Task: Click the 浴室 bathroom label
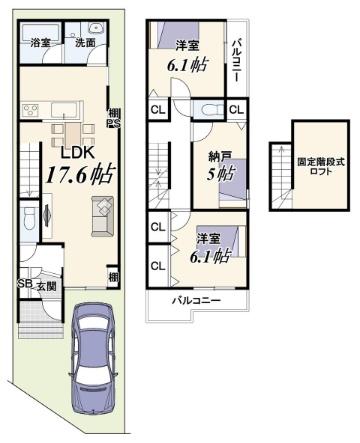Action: pyautogui.click(x=40, y=43)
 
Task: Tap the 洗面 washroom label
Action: pyautogui.click(x=85, y=42)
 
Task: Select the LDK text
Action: pyautogui.click(x=78, y=152)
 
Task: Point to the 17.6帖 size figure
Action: pyautogui.click(x=80, y=174)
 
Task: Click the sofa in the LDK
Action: pyautogui.click(x=103, y=216)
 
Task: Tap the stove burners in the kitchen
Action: pyautogui.click(x=31, y=110)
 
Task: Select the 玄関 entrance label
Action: pyautogui.click(x=46, y=286)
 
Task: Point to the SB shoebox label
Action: pyautogui.click(x=24, y=284)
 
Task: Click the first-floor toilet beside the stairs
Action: pyautogui.click(x=30, y=219)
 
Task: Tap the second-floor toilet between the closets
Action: pyautogui.click(x=209, y=110)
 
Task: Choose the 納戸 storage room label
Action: pyautogui.click(x=220, y=157)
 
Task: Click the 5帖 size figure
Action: pyautogui.click(x=220, y=173)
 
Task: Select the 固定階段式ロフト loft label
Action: pyautogui.click(x=321, y=167)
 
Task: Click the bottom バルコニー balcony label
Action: pyautogui.click(x=196, y=301)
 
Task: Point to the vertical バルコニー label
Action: pyautogui.click(x=236, y=60)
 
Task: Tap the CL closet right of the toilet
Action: pyautogui.click(x=237, y=109)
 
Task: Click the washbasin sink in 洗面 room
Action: pyautogui.click(x=97, y=28)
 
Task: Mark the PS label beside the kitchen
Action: pyautogui.click(x=113, y=124)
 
